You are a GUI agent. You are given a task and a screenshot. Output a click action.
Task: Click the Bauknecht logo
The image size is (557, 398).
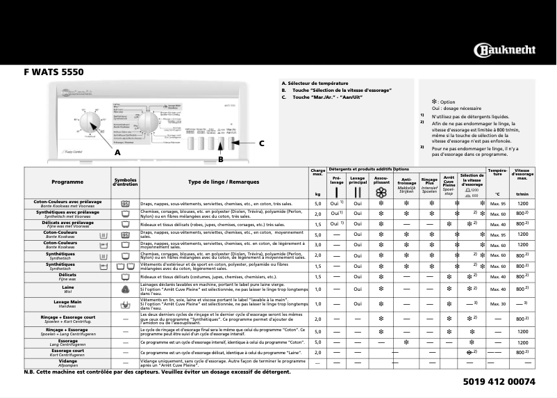[504, 50]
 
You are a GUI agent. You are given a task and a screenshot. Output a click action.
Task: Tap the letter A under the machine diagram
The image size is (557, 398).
[117, 152]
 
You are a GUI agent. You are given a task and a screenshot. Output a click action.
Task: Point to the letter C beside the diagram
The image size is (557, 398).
[261, 143]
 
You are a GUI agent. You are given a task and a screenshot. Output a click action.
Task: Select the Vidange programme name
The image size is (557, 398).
[68, 362]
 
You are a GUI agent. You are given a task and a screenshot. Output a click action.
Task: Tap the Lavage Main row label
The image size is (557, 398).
[68, 303]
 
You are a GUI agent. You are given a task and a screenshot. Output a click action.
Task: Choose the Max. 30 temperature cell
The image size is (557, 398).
[497, 304]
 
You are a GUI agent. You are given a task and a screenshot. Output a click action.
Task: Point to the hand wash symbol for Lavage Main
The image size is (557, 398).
[126, 304]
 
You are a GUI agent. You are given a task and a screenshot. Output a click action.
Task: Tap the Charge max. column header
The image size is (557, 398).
[318, 172]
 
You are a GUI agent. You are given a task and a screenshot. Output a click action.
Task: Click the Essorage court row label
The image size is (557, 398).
[68, 352]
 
